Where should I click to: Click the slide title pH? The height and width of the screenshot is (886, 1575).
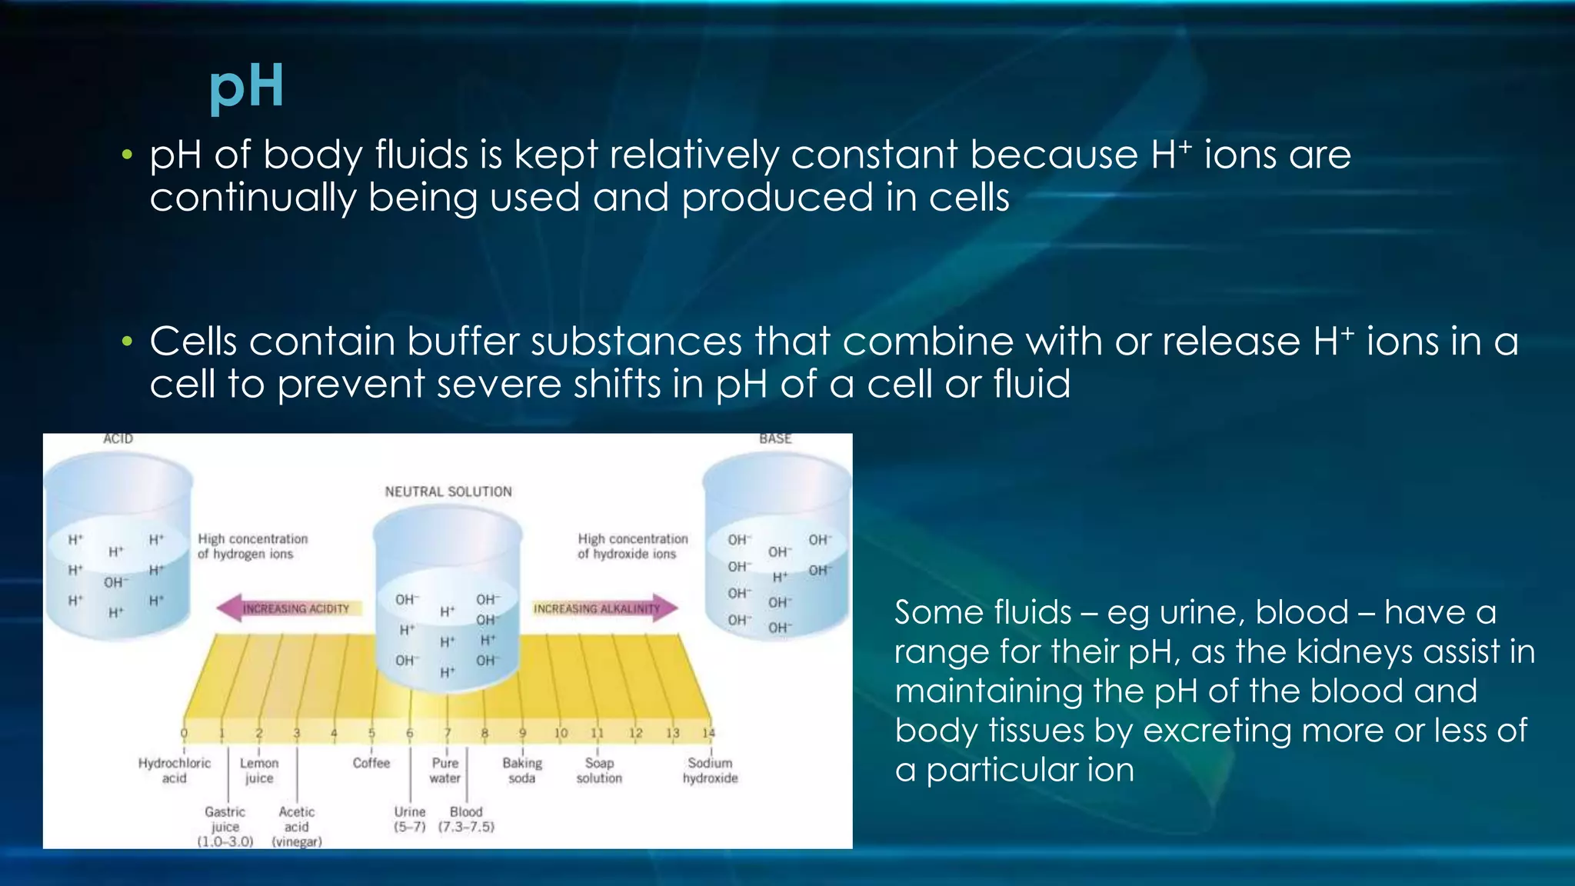246,86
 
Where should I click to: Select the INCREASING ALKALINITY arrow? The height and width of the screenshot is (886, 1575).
604,608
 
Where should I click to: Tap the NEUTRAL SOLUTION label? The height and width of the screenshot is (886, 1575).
448,491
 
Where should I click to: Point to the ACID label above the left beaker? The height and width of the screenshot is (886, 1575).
118,439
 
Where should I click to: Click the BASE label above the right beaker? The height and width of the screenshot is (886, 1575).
774,439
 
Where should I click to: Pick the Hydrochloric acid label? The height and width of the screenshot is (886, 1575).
175,771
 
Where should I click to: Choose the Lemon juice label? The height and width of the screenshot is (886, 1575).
259,771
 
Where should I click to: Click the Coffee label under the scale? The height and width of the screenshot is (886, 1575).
371,763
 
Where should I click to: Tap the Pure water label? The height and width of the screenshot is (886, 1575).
445,771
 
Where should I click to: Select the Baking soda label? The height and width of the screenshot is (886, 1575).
522,771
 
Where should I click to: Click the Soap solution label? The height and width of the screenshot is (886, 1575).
599,771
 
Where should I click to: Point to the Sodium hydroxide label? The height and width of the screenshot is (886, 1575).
710,771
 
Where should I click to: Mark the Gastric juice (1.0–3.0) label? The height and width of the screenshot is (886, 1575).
225,827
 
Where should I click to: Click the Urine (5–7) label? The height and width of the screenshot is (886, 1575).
410,819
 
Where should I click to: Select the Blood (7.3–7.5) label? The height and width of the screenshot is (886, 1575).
466,819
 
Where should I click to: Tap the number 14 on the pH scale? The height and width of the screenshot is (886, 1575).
708,733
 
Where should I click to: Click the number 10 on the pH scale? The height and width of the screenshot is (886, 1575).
561,733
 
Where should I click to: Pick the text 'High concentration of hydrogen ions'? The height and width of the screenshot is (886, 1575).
252,546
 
